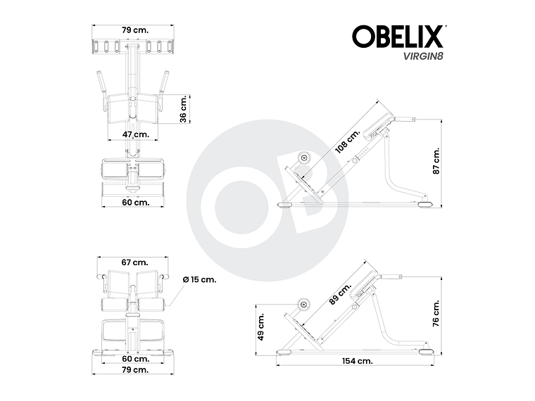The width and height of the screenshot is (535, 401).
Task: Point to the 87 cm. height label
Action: point(436,161)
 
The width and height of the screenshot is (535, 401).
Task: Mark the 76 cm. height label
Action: point(436,312)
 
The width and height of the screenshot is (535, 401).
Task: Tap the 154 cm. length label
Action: point(358,360)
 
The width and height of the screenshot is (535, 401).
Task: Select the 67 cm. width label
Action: point(134,262)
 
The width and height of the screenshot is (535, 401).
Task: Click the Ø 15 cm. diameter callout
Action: point(199,279)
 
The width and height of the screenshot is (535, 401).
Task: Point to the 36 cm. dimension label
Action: point(183,109)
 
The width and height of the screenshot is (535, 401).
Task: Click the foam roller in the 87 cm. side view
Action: point(304,158)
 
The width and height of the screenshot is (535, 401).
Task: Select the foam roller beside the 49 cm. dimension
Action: point(304,305)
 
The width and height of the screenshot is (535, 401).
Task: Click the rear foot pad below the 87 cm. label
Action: point(424,205)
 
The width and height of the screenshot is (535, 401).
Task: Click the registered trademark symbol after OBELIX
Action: point(445,27)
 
